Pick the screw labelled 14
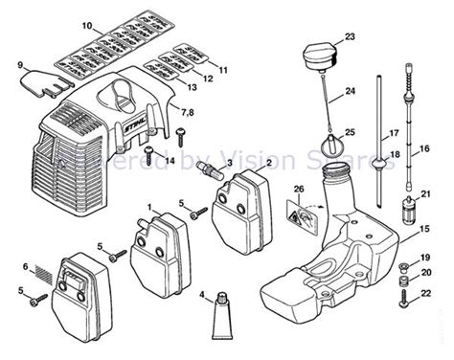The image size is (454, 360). (x=149, y=150)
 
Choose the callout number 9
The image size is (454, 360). (x=19, y=64)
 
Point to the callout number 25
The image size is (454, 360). (x=351, y=130)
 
